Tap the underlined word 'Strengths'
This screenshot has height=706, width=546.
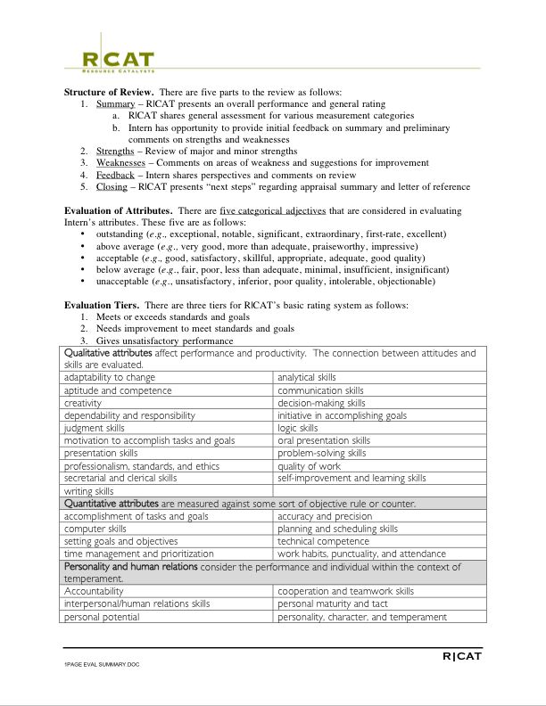tap(115, 152)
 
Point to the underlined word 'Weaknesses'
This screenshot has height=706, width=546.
tap(120, 163)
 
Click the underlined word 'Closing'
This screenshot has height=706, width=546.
tap(112, 186)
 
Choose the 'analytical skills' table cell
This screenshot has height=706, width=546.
tap(307, 377)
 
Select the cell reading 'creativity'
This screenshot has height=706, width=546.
tap(83, 403)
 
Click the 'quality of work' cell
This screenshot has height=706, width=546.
tap(309, 465)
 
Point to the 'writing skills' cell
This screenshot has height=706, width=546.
tap(89, 491)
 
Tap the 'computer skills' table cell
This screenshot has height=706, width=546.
tap(95, 529)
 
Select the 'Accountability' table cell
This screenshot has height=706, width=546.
tap(94, 591)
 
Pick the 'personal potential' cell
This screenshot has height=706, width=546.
tap(101, 616)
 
